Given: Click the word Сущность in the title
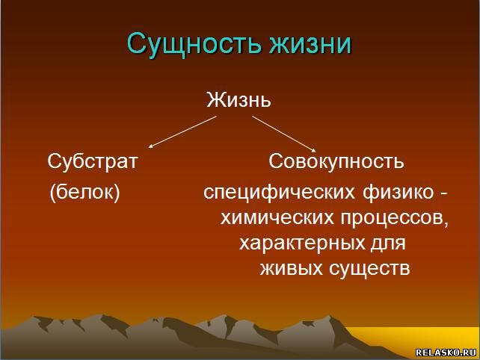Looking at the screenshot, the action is [194, 43].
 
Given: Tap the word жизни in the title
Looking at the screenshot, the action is [310, 43].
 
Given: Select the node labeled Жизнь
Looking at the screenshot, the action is [239, 100].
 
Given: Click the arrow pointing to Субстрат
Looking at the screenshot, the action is [182, 132].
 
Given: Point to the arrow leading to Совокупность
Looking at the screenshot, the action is [284, 134].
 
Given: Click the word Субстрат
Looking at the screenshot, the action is [93, 161].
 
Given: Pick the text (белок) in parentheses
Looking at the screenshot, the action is [84, 193].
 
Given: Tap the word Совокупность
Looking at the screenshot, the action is [336, 161].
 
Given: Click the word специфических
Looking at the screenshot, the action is [279, 193].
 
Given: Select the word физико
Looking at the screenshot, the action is [399, 193].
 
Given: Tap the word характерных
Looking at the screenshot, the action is [302, 243].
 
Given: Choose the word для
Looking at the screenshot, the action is [389, 243].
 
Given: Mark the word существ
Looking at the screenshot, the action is [369, 269].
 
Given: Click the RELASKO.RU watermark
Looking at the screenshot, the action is [446, 353].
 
